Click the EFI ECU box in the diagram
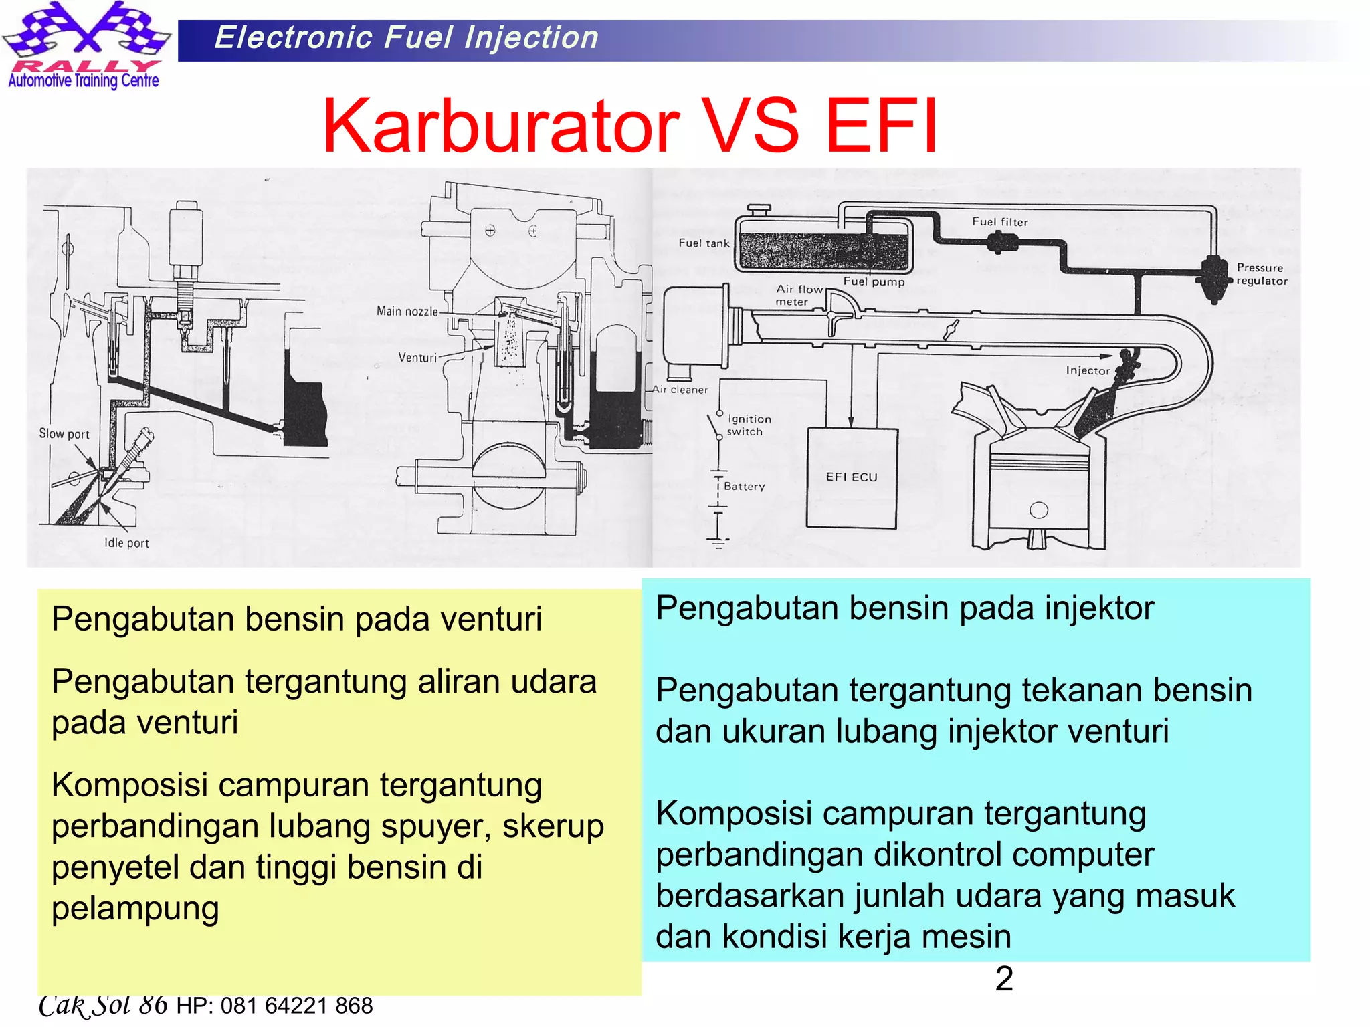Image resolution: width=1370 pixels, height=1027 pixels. [x=851, y=477]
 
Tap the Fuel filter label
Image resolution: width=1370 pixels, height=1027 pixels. [x=999, y=222]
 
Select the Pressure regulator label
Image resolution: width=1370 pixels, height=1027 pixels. [x=1261, y=274]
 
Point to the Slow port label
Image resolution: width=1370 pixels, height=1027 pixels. [x=64, y=433]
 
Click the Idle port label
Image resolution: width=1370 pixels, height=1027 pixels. [x=126, y=543]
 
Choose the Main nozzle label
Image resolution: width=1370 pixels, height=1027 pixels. [x=407, y=311]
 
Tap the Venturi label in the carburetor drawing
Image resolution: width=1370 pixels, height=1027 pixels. [x=417, y=358]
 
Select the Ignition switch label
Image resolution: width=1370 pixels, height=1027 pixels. [x=749, y=425]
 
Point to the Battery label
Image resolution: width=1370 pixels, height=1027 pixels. [x=744, y=487]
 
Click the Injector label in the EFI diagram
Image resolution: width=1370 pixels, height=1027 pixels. [x=1087, y=370]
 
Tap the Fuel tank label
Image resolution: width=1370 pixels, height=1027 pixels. [x=704, y=243]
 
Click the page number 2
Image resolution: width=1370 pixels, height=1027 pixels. [x=1004, y=979]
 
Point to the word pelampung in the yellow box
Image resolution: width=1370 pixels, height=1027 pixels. [x=135, y=909]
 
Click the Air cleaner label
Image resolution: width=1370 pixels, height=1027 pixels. [x=680, y=390]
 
